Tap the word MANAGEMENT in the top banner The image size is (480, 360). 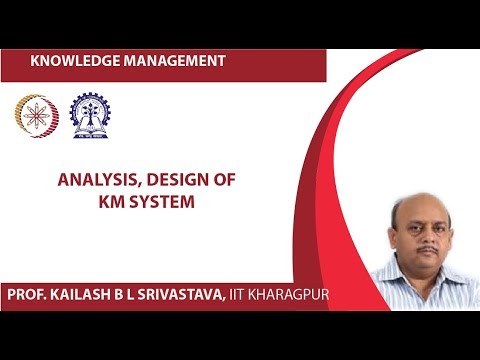177,62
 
